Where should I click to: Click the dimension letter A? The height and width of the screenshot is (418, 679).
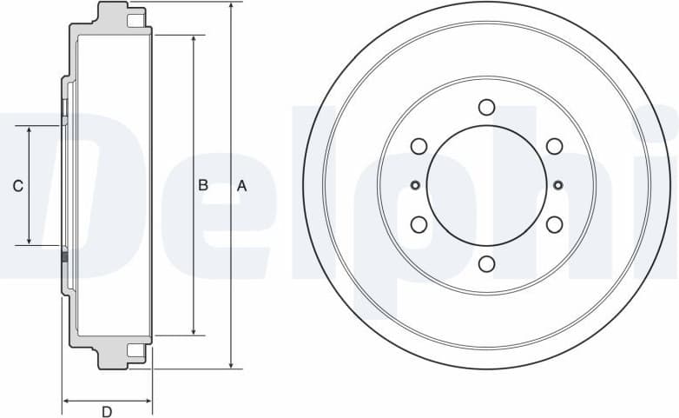pos(242,185)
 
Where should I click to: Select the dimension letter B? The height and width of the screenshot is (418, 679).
pos(202,185)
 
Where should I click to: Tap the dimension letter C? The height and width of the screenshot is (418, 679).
pos(17,185)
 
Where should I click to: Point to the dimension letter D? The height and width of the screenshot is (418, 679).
pos(107,411)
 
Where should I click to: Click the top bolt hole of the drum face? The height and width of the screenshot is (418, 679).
pos(486,107)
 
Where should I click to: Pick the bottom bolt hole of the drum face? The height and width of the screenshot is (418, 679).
pos(486,264)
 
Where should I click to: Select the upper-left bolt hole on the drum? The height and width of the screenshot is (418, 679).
pos(419,146)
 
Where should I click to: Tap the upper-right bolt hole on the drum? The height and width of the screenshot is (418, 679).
pos(554,146)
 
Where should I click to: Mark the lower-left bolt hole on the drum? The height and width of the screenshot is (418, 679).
pos(419,225)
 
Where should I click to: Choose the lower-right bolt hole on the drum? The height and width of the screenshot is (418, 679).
pos(554,225)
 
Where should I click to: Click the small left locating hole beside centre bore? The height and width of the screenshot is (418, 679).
pos(415,184)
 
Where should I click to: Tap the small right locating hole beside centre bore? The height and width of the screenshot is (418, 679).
pos(557,184)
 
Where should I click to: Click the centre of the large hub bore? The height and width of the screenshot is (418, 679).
pos(486,185)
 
